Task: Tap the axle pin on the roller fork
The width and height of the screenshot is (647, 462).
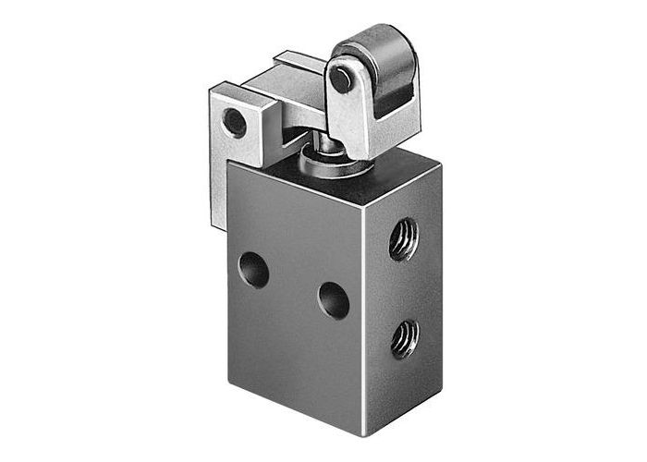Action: tap(341, 80)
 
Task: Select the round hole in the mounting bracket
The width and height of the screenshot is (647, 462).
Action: tap(235, 122)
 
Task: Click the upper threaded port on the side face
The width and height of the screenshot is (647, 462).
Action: tap(403, 239)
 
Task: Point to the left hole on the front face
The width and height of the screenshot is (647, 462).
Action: tap(253, 269)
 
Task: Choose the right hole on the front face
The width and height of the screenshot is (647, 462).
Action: tap(333, 300)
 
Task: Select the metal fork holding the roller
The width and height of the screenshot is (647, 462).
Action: tap(356, 106)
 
